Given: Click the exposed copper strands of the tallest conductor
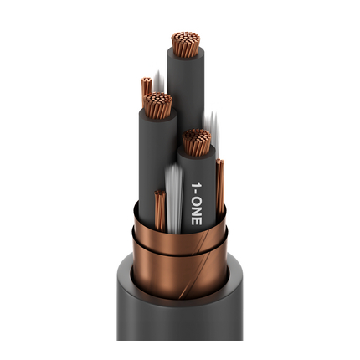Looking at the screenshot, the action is [x=186, y=44].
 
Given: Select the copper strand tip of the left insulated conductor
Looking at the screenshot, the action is [x=157, y=105].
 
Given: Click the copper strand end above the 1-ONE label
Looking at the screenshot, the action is [x=197, y=142].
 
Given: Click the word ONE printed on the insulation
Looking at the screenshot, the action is [x=197, y=211].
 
